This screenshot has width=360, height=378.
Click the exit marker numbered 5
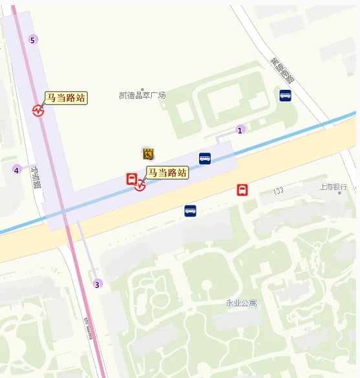pos(33,41)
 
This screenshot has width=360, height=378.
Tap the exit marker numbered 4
pos(17,170)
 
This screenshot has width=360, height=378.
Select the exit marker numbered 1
pos(240,130)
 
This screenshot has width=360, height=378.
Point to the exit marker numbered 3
pos(98,284)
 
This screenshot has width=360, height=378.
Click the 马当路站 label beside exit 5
pos(66,98)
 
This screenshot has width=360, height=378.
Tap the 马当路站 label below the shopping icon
pos(167,173)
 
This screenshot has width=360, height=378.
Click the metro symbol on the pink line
pos(39,110)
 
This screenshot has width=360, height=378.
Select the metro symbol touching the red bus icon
pos(140,187)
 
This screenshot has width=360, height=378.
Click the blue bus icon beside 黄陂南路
pos(285,96)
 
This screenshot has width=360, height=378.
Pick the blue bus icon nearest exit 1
pos(205,158)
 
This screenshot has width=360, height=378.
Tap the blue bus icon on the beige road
pos(190,211)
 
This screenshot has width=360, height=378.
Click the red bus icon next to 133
pos(242,190)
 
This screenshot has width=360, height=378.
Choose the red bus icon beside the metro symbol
pos(131,178)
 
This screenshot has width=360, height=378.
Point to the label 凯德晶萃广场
pos(143,96)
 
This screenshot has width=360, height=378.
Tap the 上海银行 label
pos(334,187)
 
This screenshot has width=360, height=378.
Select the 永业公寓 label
pos(241,302)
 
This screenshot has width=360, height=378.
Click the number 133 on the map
pos(279,191)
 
